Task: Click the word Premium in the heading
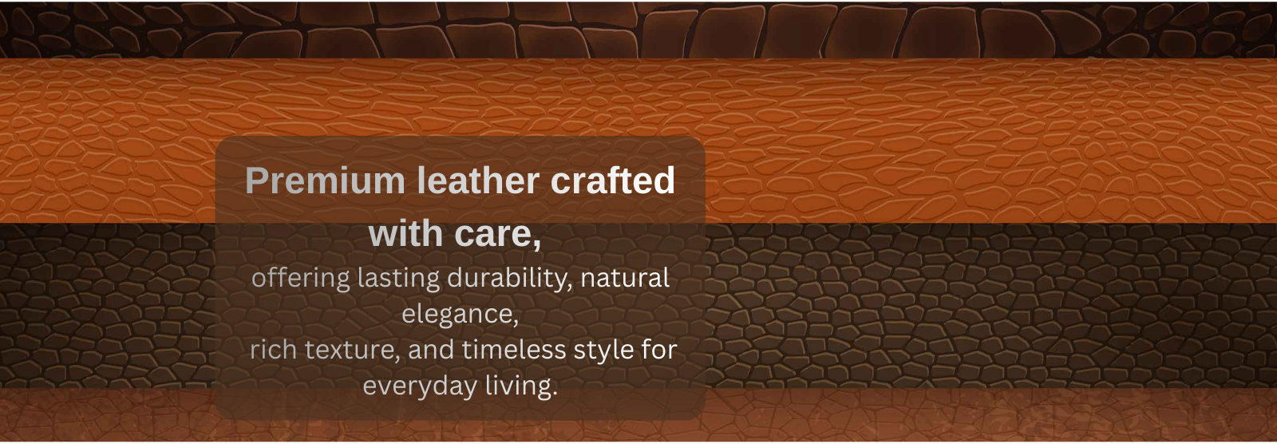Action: (325, 181)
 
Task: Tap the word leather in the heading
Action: (478, 180)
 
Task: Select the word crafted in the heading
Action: (613, 180)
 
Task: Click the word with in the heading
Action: (405, 233)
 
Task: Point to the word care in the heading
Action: (494, 235)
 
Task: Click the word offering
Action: (300, 279)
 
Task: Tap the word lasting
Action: (398, 279)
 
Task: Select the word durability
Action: (508, 279)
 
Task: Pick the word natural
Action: (626, 278)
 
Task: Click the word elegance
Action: (457, 315)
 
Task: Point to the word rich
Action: (273, 349)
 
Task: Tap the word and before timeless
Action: (431, 349)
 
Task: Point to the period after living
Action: (554, 395)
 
